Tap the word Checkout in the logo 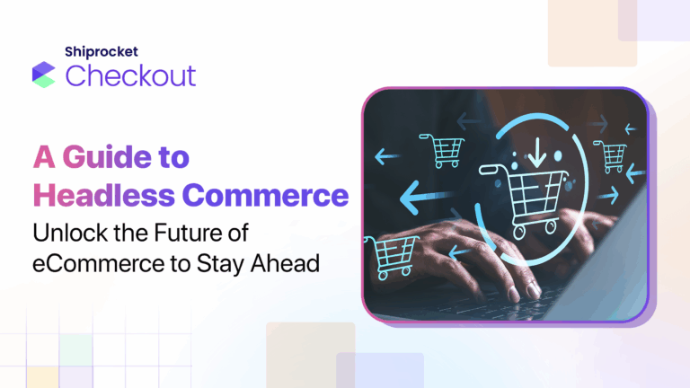[130, 75]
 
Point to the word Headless [94, 195]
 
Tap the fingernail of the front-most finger [533, 289]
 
